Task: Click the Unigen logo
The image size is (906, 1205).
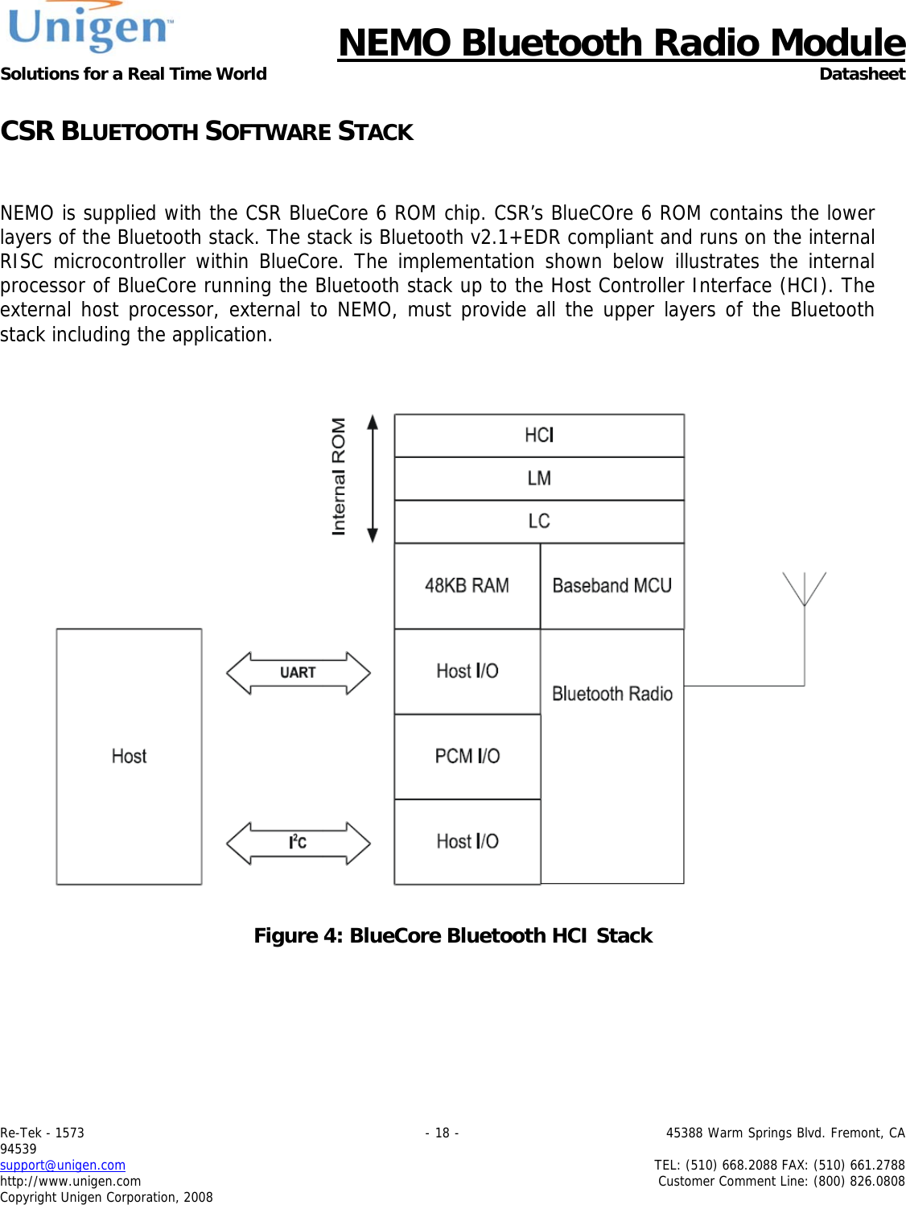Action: pos(90,27)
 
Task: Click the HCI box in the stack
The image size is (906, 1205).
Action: pos(539,435)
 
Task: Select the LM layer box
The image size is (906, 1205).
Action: pos(539,479)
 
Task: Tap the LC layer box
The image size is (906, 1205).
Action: pos(539,522)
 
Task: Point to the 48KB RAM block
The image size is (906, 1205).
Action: pos(467,586)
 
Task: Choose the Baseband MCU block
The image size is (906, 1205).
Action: pos(612,586)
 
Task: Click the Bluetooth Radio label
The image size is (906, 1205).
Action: pos(612,694)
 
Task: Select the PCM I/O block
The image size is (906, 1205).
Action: pos(467,757)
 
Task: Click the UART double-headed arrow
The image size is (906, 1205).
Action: pos(298,673)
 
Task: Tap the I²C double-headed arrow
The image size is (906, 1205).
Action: pos(298,843)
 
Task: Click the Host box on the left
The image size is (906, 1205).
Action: pos(129,757)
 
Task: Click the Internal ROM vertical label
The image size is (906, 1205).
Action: pos(339,477)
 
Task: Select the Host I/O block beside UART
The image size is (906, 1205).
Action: pos(467,671)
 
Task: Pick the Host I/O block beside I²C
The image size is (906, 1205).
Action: pos(467,842)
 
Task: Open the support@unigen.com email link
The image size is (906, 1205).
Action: pos(63,1165)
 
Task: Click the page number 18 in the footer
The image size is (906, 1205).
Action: pos(442,1133)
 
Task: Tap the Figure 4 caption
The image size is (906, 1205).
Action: pos(453,935)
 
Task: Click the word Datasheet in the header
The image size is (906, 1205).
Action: pos(862,74)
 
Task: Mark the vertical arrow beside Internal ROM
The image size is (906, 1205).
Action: pos(373,479)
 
